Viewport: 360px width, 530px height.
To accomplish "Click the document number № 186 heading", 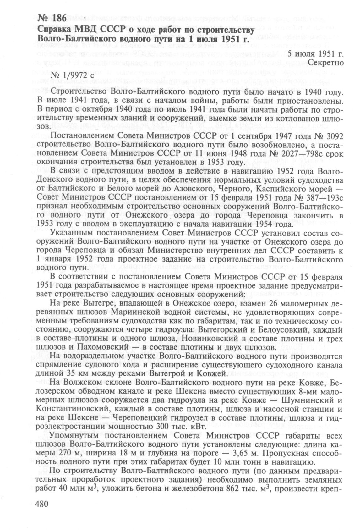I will (x=52, y=19).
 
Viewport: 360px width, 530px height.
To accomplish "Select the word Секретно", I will (x=325, y=63).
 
